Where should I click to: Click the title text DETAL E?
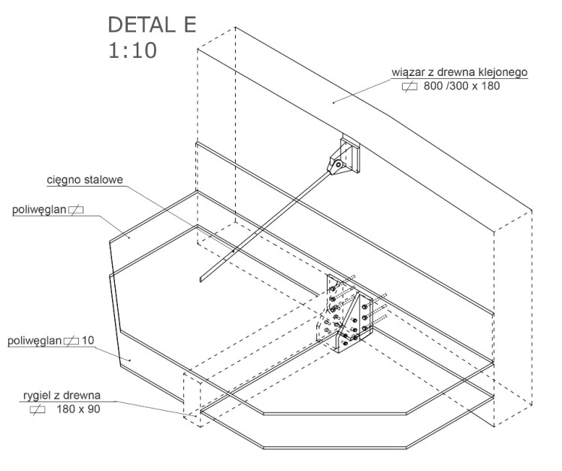[152, 25]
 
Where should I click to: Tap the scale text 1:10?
[132, 50]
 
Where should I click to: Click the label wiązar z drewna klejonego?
[460, 72]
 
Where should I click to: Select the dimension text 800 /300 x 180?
[461, 86]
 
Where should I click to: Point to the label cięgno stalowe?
[85, 180]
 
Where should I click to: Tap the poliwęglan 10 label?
[51, 340]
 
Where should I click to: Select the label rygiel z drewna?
[62, 396]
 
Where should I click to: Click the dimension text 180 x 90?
[78, 409]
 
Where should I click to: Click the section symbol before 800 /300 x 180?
[409, 87]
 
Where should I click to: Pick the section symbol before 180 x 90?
[38, 409]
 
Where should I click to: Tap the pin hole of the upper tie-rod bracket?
[337, 165]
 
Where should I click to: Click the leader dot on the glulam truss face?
[334, 102]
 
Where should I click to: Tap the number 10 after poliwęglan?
[88, 340]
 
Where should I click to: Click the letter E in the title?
[189, 25]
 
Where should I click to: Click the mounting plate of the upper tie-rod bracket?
[352, 153]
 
